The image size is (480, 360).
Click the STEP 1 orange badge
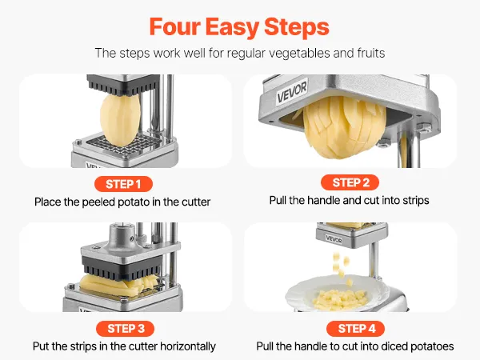(x=123, y=184)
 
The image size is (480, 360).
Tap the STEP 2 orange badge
(x=350, y=182)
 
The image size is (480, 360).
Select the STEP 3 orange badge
(x=125, y=329)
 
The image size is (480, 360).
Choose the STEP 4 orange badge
(x=356, y=329)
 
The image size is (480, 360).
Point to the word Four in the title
(x=174, y=27)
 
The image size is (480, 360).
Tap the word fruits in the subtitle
(x=370, y=53)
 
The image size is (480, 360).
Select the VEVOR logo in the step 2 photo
(x=292, y=92)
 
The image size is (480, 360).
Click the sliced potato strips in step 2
(x=343, y=128)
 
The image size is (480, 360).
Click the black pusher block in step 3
(x=122, y=268)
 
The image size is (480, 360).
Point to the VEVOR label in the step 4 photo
(x=334, y=239)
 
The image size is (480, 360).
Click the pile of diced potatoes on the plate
(x=339, y=298)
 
